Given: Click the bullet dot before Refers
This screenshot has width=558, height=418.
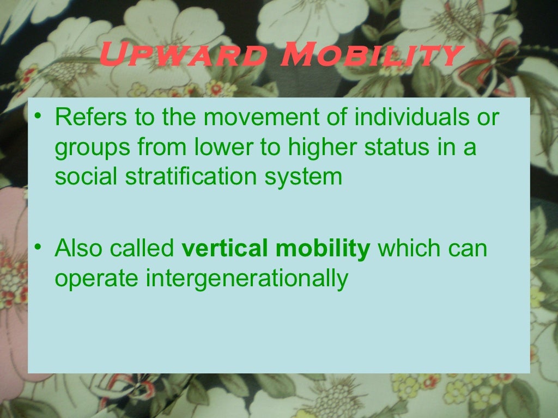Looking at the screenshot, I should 37,118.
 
